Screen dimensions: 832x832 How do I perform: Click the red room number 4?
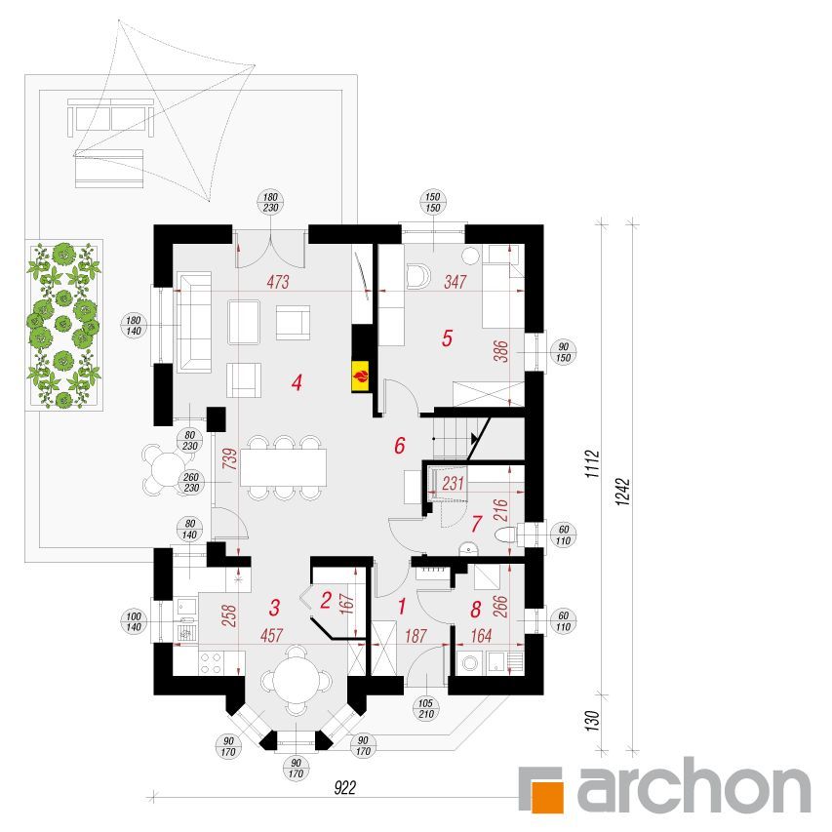click(297, 382)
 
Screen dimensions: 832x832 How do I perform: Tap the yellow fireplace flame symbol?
click(360, 377)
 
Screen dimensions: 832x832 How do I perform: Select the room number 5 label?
click(447, 338)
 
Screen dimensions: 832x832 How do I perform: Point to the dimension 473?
click(278, 282)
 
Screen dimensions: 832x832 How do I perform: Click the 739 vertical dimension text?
click(230, 459)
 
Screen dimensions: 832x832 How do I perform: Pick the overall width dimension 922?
click(345, 788)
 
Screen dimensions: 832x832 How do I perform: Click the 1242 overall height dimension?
click(623, 492)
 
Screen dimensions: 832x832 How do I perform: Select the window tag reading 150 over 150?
click(433, 202)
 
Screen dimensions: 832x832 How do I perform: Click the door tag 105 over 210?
click(426, 708)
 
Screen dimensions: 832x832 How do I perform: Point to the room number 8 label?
click(475, 610)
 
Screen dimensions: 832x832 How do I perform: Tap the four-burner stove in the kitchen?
click(211, 663)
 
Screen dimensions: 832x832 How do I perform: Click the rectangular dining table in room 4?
click(283, 467)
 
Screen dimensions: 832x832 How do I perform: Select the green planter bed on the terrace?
click(63, 325)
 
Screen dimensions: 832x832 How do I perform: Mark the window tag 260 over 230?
click(191, 483)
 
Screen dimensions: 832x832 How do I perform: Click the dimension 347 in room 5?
click(456, 282)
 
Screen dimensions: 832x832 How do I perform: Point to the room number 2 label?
click(325, 600)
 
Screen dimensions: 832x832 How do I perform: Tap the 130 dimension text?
click(593, 722)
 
